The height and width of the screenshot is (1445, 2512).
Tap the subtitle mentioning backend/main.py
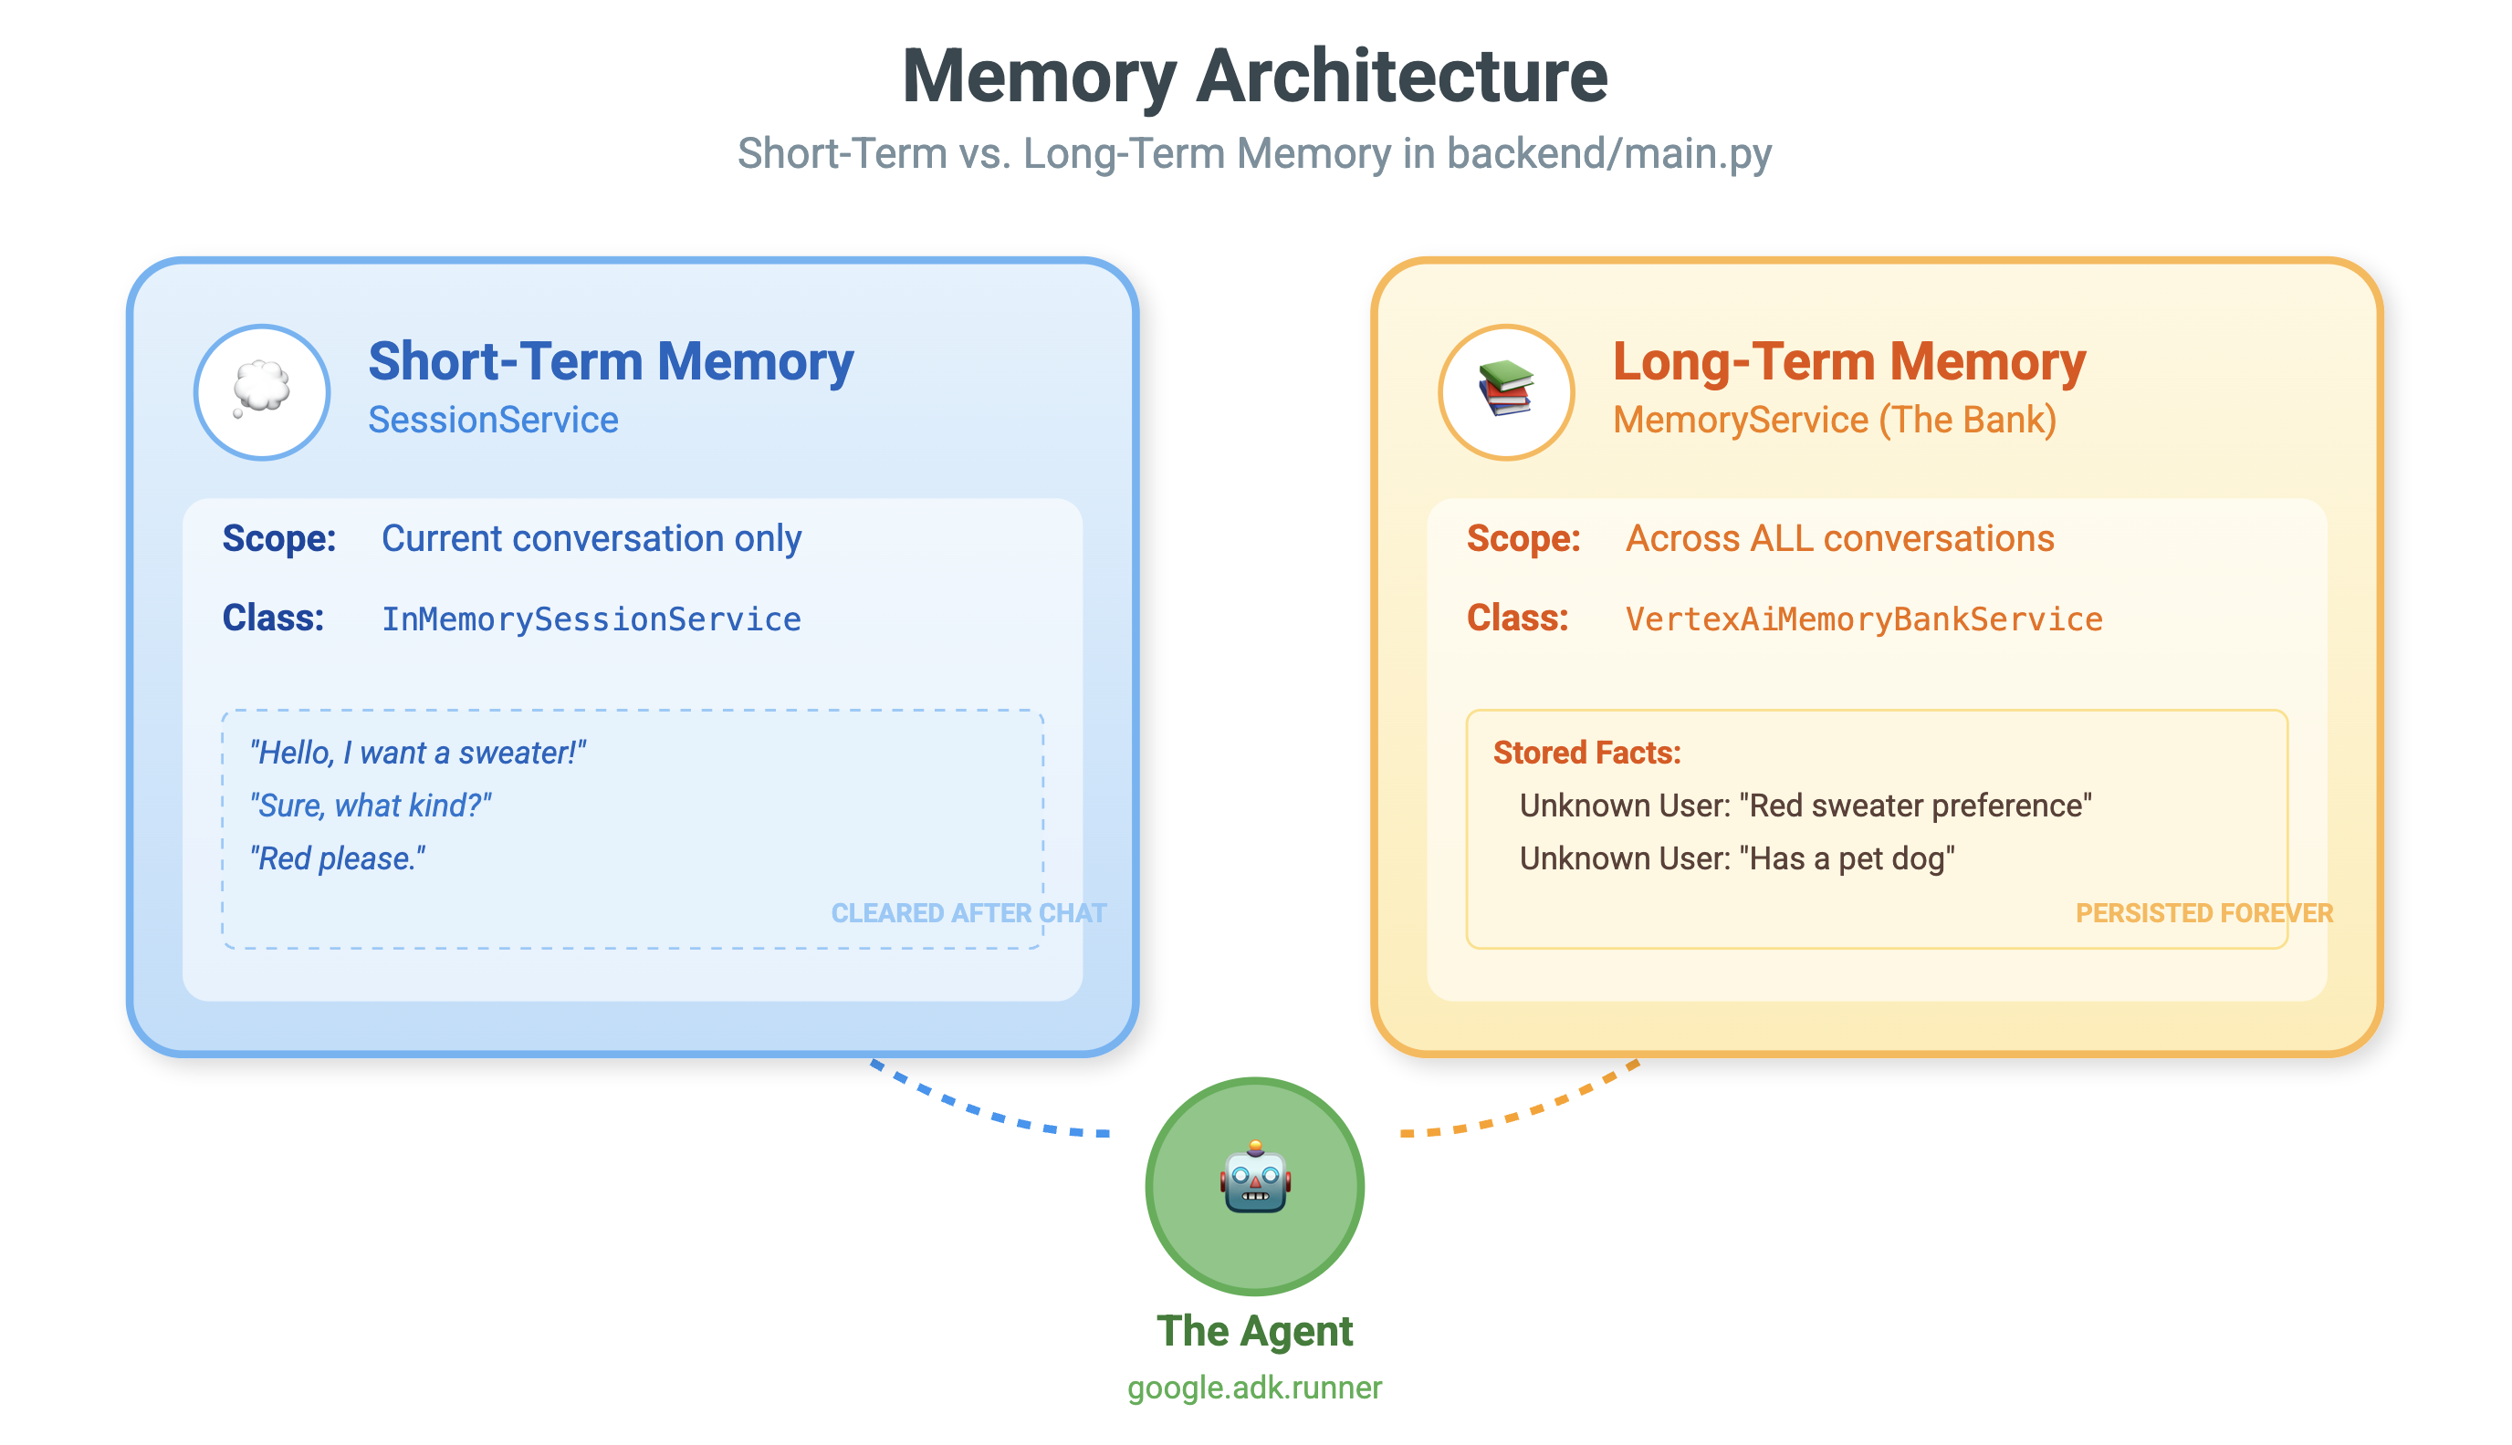coord(1254,154)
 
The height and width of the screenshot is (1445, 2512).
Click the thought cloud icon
coord(261,390)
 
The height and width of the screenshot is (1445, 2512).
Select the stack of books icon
coord(1505,390)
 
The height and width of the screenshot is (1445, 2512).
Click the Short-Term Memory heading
coord(610,361)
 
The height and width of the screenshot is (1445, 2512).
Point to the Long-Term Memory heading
coord(1847,361)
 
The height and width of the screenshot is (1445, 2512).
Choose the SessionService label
coord(493,420)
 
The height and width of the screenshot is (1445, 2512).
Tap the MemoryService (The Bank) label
coord(1833,420)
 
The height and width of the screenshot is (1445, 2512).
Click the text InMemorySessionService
coord(591,619)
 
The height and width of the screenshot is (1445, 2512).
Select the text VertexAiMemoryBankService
coord(1863,619)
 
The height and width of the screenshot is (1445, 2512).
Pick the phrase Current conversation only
coord(591,538)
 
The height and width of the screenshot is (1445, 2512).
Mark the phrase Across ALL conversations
coord(1839,538)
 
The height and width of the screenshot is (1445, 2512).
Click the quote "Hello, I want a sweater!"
coord(417,754)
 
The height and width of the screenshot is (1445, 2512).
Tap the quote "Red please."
coord(338,858)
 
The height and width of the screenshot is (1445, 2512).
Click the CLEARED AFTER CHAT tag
coord(968,913)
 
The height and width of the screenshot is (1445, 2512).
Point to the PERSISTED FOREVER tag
coord(2203,913)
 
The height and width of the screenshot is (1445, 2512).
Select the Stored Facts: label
coord(1586,754)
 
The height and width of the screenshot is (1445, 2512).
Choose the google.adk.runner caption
coord(1254,1388)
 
